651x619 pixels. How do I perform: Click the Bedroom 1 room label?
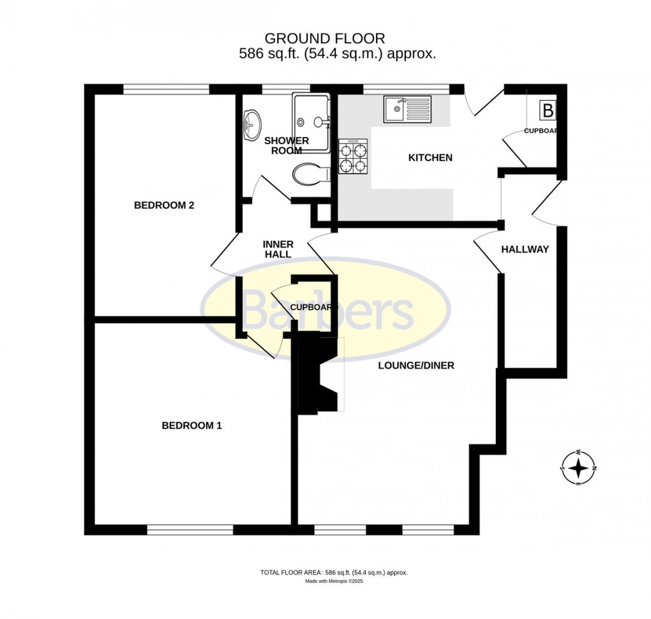coord(191,426)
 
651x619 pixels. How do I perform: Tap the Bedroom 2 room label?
coord(163,205)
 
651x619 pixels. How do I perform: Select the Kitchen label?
coord(430,158)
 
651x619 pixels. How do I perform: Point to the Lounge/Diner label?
coord(415,366)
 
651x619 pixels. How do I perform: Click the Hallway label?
coord(525,250)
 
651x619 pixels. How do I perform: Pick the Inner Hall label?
coord(278,250)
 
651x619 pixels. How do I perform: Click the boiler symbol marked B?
coord(548,110)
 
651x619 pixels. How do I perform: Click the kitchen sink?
coord(407,109)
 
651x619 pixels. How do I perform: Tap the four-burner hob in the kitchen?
coord(352,158)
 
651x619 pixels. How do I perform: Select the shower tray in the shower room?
coord(311,123)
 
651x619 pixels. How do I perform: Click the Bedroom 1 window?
coord(190,530)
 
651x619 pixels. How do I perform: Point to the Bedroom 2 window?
coord(167,89)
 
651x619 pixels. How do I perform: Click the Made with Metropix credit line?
coord(334,581)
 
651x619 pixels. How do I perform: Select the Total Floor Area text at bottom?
coord(334,572)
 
